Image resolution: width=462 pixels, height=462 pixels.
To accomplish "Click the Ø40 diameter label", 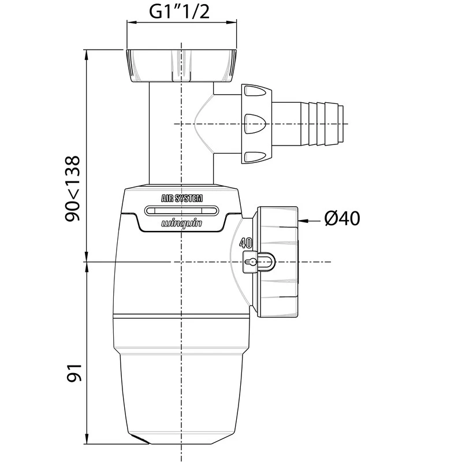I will tap(342, 219).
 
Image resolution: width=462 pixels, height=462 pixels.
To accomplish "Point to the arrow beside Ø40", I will tap(310, 220).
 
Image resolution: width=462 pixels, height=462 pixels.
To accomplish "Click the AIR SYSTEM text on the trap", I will tap(181, 198).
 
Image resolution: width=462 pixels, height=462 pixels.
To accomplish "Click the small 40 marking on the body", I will tap(245, 243).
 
